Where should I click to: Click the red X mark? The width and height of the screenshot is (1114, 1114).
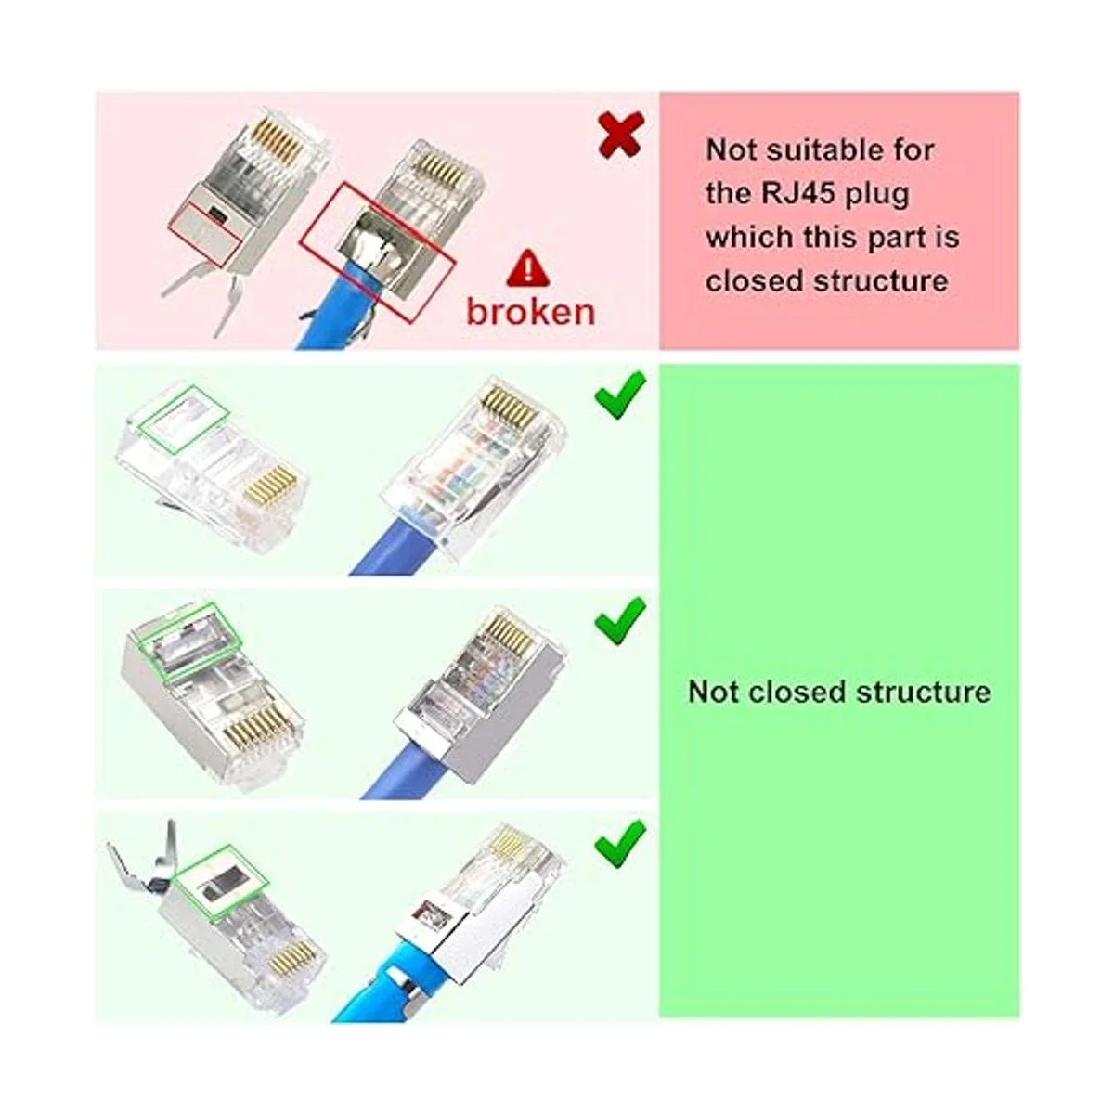pyautogui.click(x=621, y=136)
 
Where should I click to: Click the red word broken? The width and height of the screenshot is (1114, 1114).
pyautogui.click(x=530, y=311)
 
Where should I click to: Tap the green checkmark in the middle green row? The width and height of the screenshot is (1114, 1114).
pyautogui.click(x=620, y=619)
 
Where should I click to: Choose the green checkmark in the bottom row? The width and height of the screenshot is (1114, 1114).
pyautogui.click(x=620, y=842)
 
